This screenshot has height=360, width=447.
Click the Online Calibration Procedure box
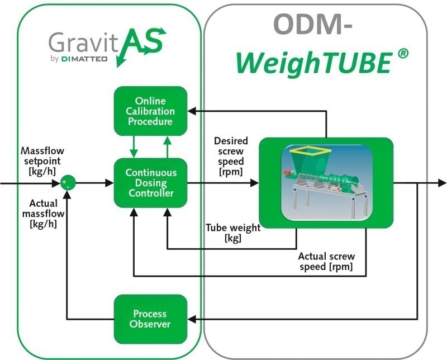(x=150, y=111)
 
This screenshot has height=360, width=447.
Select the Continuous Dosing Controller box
(x=150, y=183)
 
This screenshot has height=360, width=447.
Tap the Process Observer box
(x=150, y=319)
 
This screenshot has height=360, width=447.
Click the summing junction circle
(x=67, y=183)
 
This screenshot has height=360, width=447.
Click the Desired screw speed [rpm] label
(x=231, y=156)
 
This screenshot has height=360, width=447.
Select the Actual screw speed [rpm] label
(x=326, y=262)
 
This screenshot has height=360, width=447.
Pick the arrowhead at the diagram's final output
(x=442, y=183)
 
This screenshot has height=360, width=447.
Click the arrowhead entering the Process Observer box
(x=191, y=319)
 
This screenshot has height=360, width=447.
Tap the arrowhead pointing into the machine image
(x=255, y=183)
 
